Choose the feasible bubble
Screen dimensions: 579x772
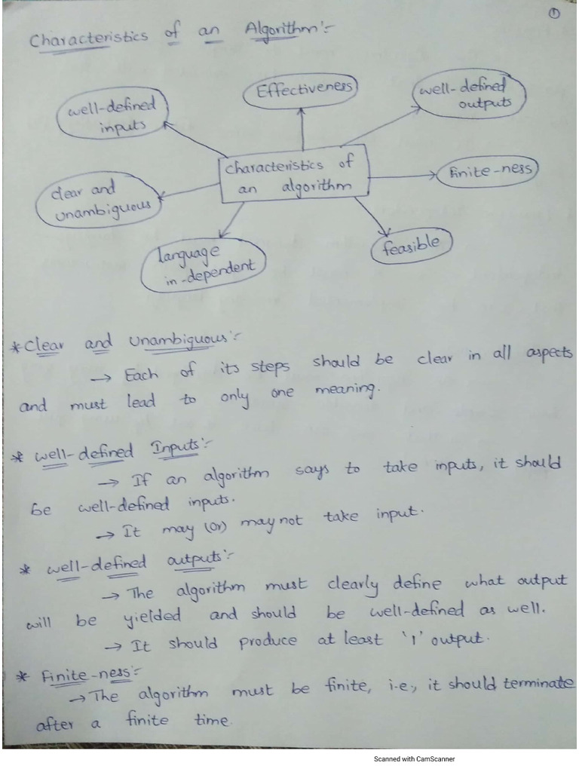coord(412,246)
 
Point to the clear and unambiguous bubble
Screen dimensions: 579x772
coord(98,201)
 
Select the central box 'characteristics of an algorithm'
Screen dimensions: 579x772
coord(293,176)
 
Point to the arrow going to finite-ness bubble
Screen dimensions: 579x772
coord(403,176)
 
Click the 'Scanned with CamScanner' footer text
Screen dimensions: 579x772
coord(414,759)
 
